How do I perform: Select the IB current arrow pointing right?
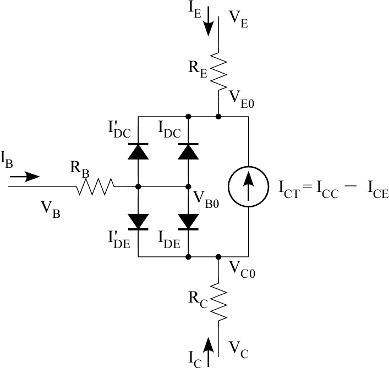25,177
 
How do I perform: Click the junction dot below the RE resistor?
218,117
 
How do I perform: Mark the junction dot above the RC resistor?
218,256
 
